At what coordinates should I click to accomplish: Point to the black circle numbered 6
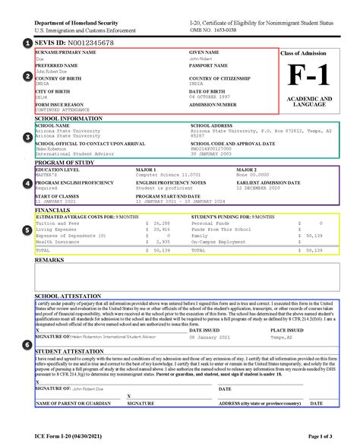pos(28,344)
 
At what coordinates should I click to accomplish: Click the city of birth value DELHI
pos(43,97)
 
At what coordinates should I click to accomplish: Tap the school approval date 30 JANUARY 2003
pos(216,154)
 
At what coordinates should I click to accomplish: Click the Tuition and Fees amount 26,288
pos(161,223)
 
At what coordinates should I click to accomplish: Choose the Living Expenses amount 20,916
pos(161,230)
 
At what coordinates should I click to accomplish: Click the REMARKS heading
pos(49,260)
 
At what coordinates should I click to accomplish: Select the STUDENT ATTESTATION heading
pos(68,351)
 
